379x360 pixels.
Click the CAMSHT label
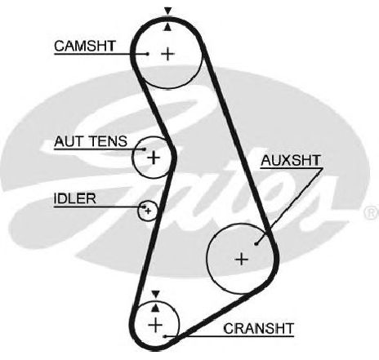pyautogui.click(x=85, y=46)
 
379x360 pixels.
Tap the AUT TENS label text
pyautogui.click(x=91, y=141)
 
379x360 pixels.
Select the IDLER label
pyautogui.click(x=75, y=198)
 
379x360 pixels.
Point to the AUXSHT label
pyautogui.click(x=291, y=161)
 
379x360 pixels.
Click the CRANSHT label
pyautogui.click(x=259, y=329)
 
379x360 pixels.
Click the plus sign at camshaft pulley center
pyautogui.click(x=168, y=54)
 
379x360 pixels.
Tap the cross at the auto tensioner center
pyautogui.click(x=154, y=158)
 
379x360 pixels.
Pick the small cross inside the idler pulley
pyautogui.click(x=148, y=211)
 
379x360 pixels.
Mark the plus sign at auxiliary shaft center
pyautogui.click(x=242, y=259)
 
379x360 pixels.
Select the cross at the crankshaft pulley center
pyautogui.click(x=155, y=325)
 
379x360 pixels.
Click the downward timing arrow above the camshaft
pyautogui.click(x=168, y=11)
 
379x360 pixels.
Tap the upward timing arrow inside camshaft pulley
pyautogui.click(x=168, y=27)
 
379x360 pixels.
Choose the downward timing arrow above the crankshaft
pyautogui.click(x=155, y=294)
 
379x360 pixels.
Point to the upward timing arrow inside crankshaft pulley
pyautogui.click(x=155, y=308)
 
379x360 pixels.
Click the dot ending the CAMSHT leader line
pyautogui.click(x=148, y=54)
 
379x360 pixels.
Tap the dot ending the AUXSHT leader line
pyautogui.click(x=256, y=244)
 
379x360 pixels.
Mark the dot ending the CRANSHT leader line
pyautogui.click(x=165, y=336)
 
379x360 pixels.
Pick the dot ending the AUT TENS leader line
pyautogui.click(x=145, y=149)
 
